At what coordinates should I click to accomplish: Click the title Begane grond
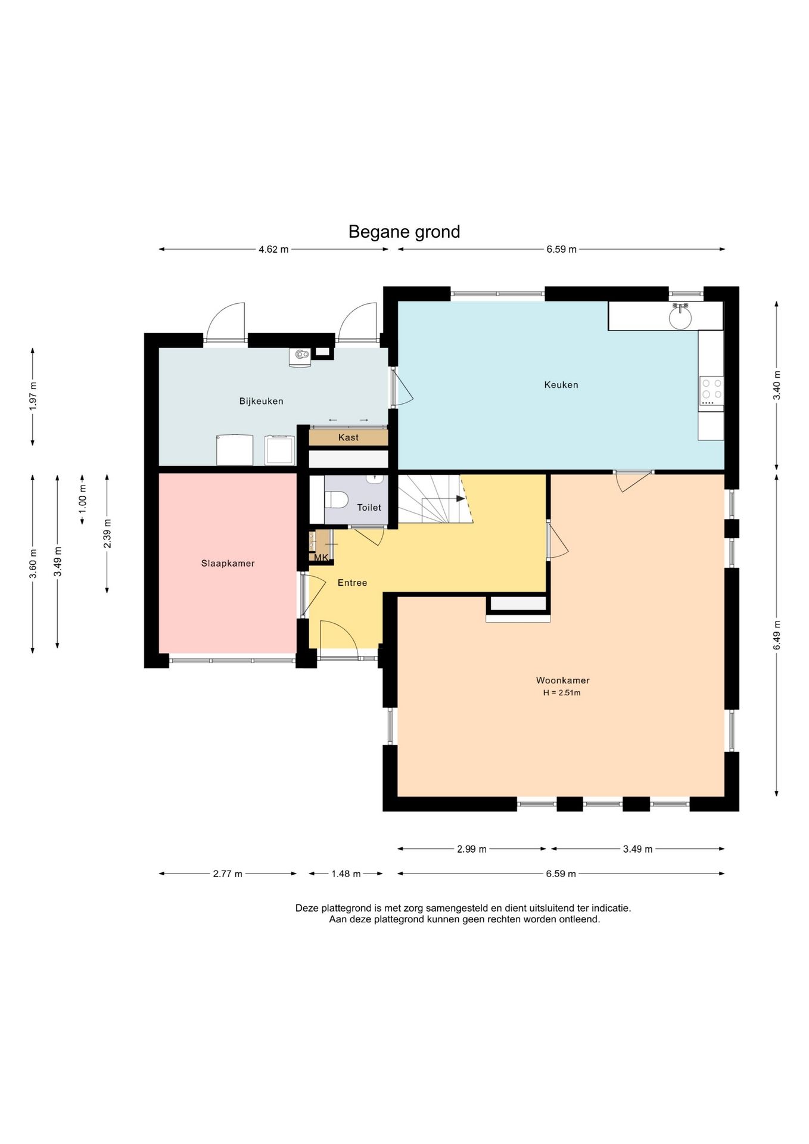click(x=404, y=232)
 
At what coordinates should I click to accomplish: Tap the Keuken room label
click(x=561, y=385)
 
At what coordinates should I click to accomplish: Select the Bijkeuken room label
click(x=262, y=402)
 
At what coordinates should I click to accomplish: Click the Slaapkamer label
click(x=228, y=563)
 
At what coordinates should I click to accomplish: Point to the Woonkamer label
click(x=563, y=680)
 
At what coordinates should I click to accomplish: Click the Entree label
click(x=352, y=583)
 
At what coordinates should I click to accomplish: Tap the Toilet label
click(x=369, y=508)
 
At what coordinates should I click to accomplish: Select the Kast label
click(x=349, y=437)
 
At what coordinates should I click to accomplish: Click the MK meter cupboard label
click(x=321, y=558)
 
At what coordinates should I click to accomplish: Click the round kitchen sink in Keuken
click(x=680, y=317)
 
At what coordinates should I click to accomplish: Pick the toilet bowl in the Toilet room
click(x=336, y=499)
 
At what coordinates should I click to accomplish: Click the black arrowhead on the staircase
click(x=460, y=498)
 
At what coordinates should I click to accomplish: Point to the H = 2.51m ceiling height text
click(x=562, y=693)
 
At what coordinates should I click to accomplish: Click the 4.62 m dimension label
click(x=273, y=250)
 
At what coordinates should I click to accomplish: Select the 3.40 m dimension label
click(x=777, y=386)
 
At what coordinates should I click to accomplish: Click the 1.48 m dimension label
click(x=346, y=874)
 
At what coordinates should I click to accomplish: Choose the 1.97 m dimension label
click(x=33, y=395)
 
